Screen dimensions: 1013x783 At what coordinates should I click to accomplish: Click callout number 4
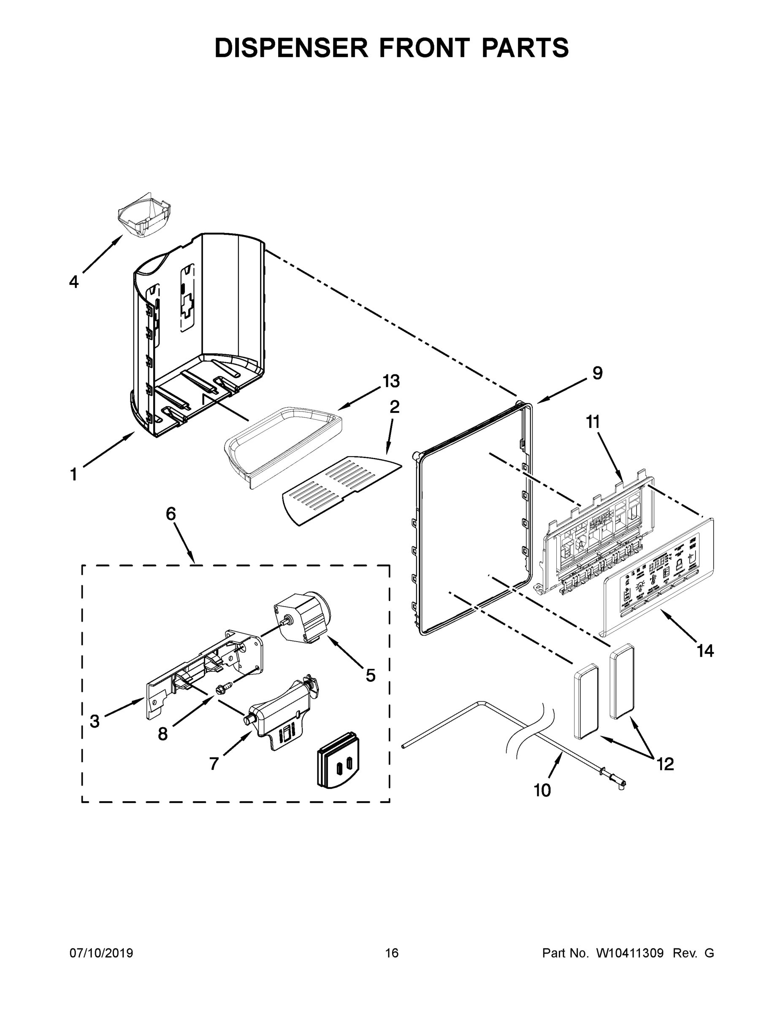pyautogui.click(x=74, y=282)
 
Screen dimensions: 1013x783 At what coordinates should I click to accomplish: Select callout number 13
pyautogui.click(x=391, y=381)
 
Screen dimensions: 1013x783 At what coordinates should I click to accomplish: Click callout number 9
pyautogui.click(x=597, y=373)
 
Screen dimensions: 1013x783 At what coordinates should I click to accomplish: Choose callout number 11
pyautogui.click(x=593, y=422)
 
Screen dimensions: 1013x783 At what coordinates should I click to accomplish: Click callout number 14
pyautogui.click(x=705, y=651)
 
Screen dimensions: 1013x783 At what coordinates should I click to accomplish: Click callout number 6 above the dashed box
pyautogui.click(x=171, y=514)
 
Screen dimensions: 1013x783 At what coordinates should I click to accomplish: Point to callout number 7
pyautogui.click(x=214, y=764)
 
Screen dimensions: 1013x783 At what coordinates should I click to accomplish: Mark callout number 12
pyautogui.click(x=665, y=764)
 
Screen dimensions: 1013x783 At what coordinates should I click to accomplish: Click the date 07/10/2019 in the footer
pyautogui.click(x=101, y=953)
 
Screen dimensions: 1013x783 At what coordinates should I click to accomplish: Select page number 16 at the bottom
pyautogui.click(x=392, y=953)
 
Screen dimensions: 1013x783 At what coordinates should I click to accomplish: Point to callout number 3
pyautogui.click(x=95, y=721)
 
